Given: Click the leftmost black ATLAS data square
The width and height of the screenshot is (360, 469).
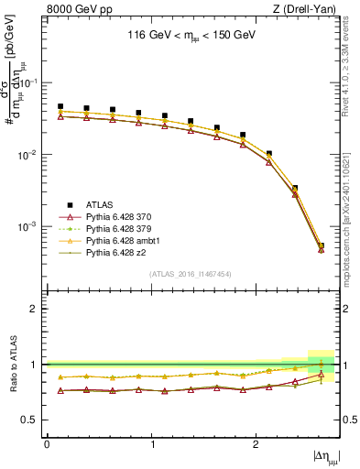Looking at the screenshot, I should [x=60, y=106].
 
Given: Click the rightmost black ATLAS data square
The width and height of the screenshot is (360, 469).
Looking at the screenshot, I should [x=321, y=245].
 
